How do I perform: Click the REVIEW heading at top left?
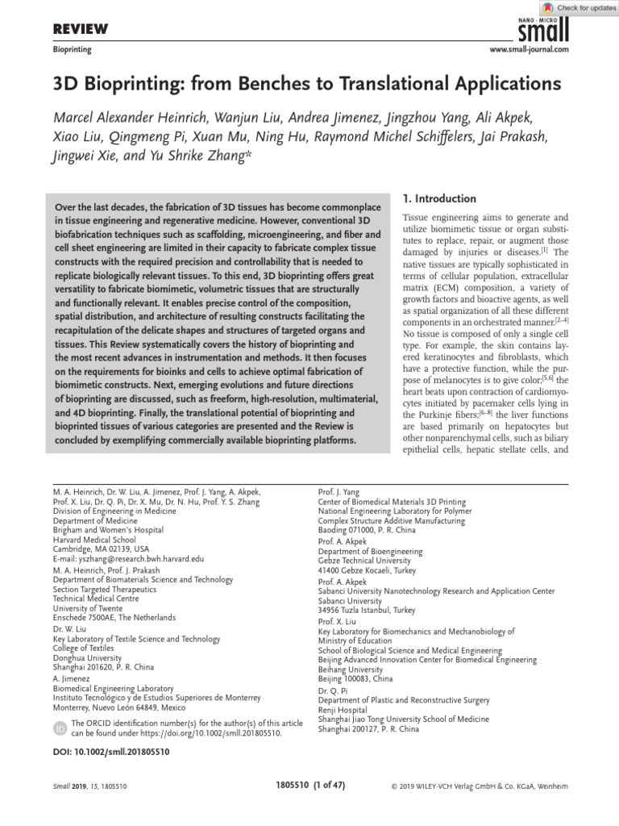pos(81,30)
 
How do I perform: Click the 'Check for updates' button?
pos(580,8)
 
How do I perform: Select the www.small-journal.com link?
pos(530,50)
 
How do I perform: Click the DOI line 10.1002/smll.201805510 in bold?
pos(111,750)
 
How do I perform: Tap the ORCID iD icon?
pos(60,728)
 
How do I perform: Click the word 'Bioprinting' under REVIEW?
pos(72,50)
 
